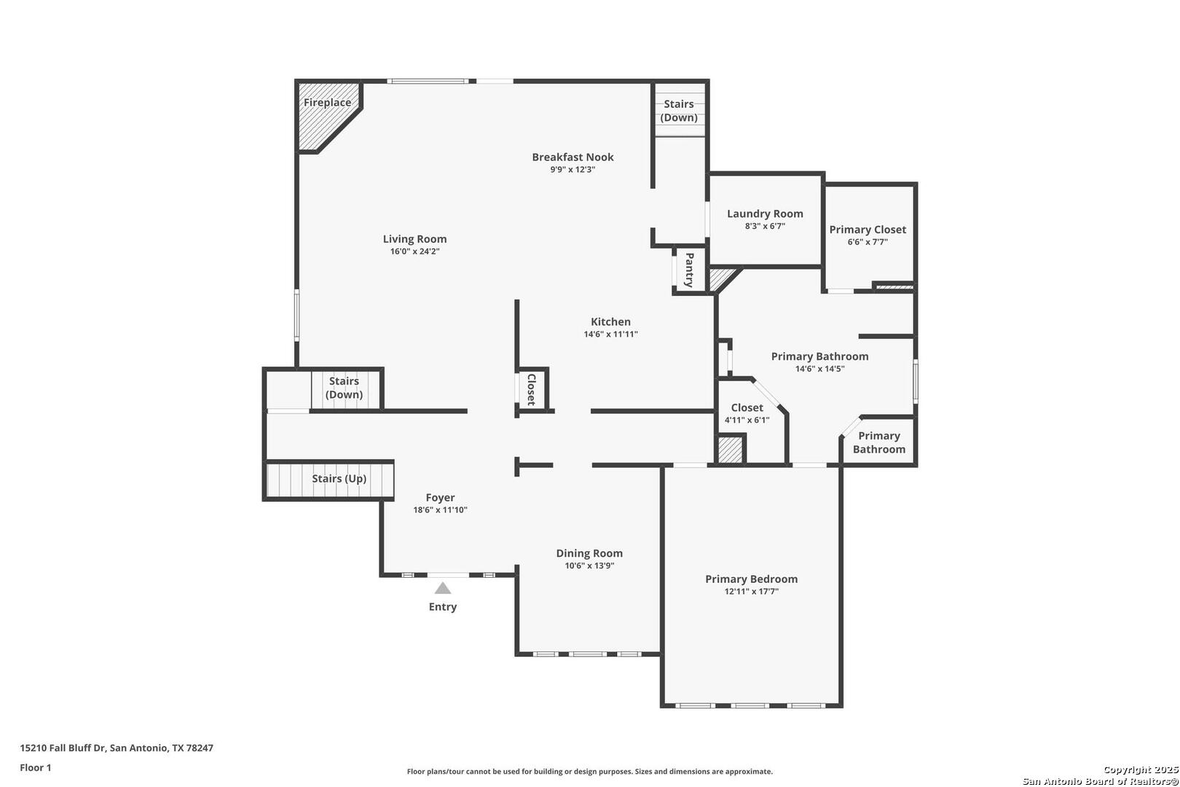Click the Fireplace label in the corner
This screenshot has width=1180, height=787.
click(x=327, y=102)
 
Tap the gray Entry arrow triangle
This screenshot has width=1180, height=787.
click(x=443, y=588)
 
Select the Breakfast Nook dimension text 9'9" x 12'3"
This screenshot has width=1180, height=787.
click(x=573, y=170)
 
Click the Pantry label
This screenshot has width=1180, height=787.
click(x=689, y=270)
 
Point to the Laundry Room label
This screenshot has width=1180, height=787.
click(x=765, y=214)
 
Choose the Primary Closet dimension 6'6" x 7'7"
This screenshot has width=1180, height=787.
click(x=868, y=243)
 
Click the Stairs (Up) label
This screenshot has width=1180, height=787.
click(x=339, y=479)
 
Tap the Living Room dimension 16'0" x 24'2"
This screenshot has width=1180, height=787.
click(x=414, y=251)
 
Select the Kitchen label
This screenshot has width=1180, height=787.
click(x=610, y=321)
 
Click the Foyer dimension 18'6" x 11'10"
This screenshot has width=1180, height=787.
click(x=441, y=510)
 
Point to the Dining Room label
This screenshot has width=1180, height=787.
click(x=589, y=553)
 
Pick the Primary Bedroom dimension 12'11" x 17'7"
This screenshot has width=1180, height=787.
click(x=752, y=592)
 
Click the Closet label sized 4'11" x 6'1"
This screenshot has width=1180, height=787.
click(x=747, y=407)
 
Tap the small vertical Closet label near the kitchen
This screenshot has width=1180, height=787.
click(x=532, y=390)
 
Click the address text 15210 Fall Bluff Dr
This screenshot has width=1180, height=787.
click(x=63, y=748)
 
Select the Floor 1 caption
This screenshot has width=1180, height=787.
click(x=36, y=767)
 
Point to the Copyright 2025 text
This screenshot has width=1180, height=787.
click(x=1141, y=770)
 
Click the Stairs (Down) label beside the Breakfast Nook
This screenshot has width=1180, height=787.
click(x=679, y=111)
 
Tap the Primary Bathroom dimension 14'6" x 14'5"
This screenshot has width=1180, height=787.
click(x=819, y=369)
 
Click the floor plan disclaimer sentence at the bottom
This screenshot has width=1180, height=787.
click(x=590, y=772)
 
